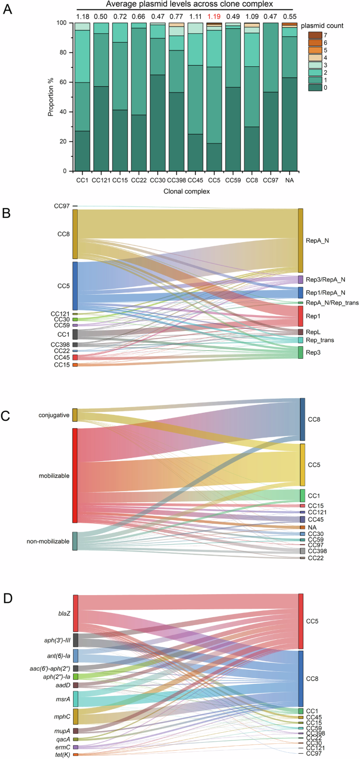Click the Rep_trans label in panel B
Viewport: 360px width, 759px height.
(321, 340)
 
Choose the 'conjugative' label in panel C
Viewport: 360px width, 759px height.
(54, 415)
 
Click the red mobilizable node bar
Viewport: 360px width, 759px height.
(75, 475)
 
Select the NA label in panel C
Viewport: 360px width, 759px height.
(312, 527)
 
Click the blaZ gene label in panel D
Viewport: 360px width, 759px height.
(64, 613)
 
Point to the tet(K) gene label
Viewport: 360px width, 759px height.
(61, 755)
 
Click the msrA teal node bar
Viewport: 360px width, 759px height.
(76, 699)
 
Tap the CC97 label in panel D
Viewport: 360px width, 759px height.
(314, 754)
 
